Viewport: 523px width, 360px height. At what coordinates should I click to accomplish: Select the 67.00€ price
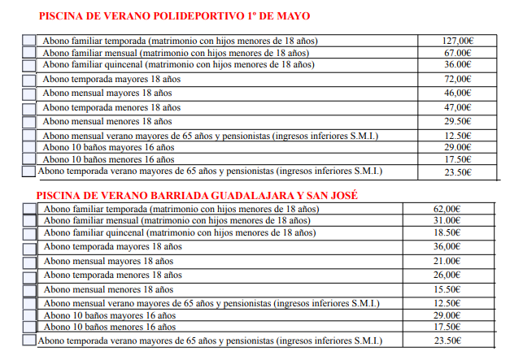click(458, 52)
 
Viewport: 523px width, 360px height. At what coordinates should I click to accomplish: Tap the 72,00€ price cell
click(458, 79)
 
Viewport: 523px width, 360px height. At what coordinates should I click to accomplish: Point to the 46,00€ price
click(458, 93)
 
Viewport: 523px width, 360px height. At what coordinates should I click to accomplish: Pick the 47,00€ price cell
click(458, 107)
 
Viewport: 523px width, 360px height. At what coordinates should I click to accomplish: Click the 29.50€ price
click(458, 121)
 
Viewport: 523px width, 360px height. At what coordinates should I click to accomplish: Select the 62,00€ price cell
click(447, 209)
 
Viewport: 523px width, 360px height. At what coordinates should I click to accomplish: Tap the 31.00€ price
click(447, 220)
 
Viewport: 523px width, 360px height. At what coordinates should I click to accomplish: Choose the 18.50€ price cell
click(447, 232)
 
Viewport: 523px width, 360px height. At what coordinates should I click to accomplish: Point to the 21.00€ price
click(447, 261)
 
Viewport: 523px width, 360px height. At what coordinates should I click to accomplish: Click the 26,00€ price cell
click(447, 275)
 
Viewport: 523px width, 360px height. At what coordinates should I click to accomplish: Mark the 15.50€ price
click(447, 289)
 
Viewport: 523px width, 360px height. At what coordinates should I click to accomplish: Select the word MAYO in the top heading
click(294, 15)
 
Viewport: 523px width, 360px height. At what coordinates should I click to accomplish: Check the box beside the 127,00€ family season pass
click(29, 41)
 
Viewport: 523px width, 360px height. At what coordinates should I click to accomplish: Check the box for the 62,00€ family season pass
click(29, 209)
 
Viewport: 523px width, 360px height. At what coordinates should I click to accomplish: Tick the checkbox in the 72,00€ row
click(29, 80)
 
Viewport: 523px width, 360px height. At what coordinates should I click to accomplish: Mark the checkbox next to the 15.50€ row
click(29, 289)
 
